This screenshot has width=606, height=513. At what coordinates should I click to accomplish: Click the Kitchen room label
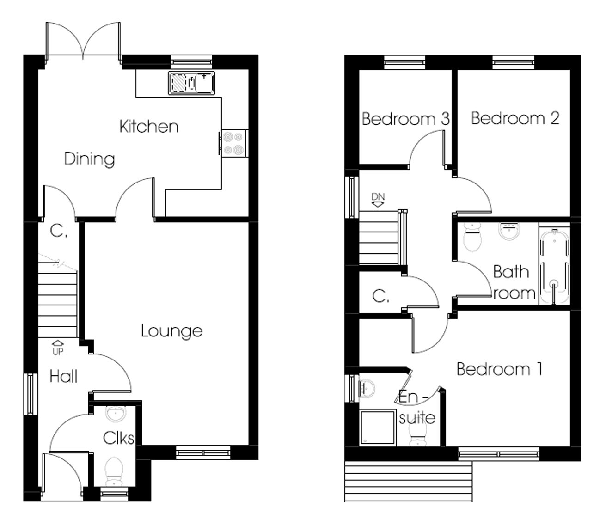[x=149, y=126]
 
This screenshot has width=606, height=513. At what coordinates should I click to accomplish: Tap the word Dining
[x=89, y=159]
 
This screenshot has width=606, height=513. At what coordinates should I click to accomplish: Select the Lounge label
[x=171, y=331]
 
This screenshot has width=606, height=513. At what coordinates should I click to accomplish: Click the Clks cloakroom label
[x=118, y=438]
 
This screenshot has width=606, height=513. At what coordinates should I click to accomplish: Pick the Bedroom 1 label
[x=499, y=369]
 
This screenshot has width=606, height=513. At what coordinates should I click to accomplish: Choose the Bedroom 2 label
[x=515, y=118]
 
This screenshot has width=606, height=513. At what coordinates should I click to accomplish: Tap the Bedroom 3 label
[x=405, y=119]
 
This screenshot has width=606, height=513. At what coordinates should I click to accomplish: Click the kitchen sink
[x=191, y=84]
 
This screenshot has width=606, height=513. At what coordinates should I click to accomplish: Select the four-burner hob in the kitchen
[x=233, y=143]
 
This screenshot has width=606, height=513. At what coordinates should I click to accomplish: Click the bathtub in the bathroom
[x=554, y=263]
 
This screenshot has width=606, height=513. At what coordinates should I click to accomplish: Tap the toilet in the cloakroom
[x=114, y=469]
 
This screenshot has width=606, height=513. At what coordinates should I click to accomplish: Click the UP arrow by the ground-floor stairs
[x=58, y=347]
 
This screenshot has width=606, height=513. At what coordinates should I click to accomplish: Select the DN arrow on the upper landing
[x=378, y=200]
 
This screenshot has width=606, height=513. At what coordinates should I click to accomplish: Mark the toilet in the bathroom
[x=472, y=237]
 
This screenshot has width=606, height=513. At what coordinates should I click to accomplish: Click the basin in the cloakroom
[x=114, y=413]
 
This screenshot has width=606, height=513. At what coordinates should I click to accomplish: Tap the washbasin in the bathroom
[x=510, y=231]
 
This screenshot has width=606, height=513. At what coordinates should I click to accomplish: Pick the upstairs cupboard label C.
[x=380, y=296]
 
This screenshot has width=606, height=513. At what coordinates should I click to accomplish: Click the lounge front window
[x=202, y=452]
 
